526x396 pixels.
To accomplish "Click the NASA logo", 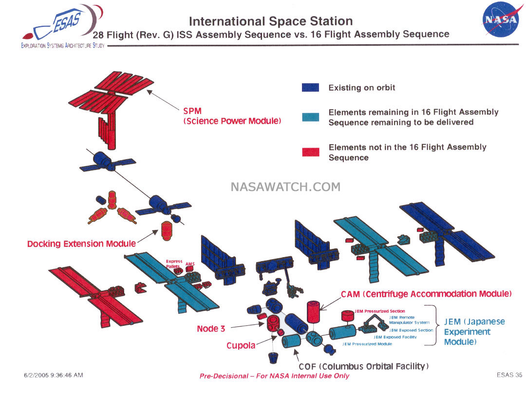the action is [501, 19].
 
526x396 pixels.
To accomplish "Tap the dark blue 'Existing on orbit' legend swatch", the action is [310, 87].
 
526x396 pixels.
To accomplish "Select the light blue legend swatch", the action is [310, 117].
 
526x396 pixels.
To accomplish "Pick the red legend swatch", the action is [310, 152].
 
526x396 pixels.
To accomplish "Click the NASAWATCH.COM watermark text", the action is [285, 187].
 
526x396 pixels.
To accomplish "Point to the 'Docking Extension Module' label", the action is [81, 244].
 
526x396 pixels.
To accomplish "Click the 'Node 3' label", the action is [211, 329].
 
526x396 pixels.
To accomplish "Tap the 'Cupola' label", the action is [241, 345].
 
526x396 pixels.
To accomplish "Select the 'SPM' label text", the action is [192, 111].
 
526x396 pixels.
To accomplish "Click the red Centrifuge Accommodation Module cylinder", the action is [313, 312].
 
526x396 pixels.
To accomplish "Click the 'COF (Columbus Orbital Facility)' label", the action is [364, 366].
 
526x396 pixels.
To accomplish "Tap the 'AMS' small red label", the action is [190, 264].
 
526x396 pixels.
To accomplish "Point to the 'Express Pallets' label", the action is [174, 264].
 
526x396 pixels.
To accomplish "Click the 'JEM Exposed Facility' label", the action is [395, 337].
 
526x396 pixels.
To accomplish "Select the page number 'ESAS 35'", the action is [509, 375].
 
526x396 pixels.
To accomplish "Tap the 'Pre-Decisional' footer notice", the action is [274, 376].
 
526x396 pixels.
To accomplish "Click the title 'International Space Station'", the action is [271, 21].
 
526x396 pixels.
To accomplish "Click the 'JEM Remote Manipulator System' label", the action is [409, 320].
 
